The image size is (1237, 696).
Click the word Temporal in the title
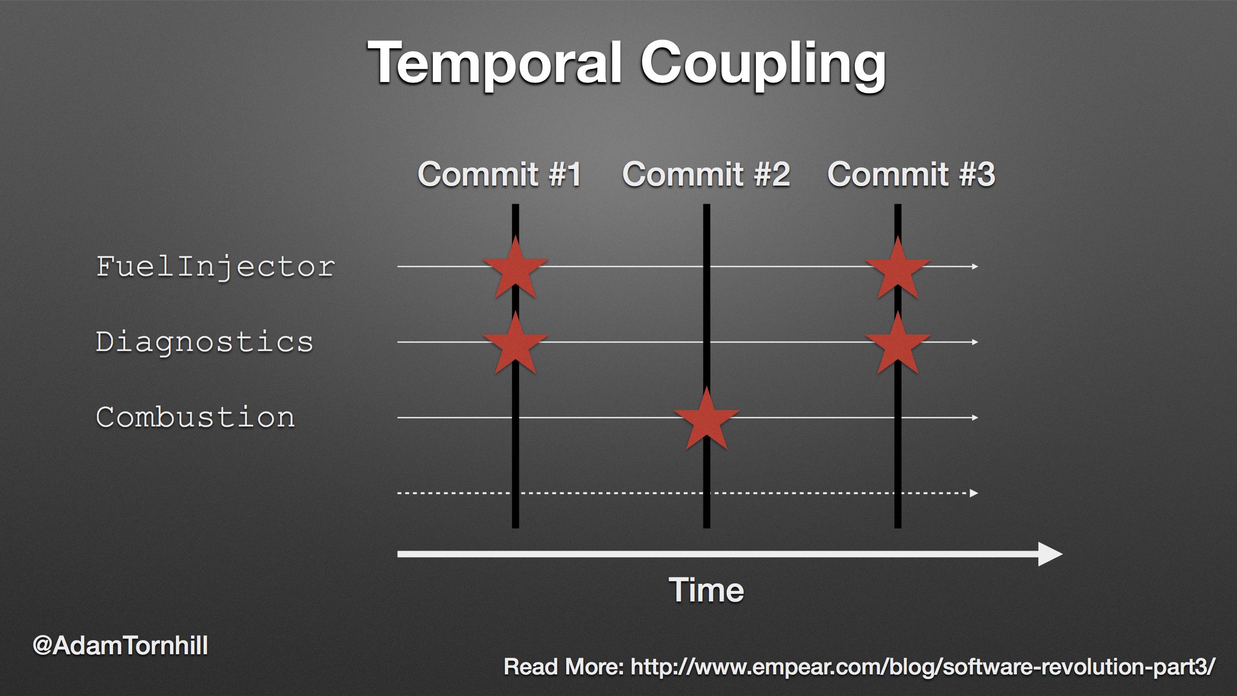pyautogui.click(x=495, y=63)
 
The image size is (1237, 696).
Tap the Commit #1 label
pyautogui.click(x=500, y=175)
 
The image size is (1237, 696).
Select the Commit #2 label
pyautogui.click(x=706, y=175)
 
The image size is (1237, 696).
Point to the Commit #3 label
pyautogui.click(x=911, y=175)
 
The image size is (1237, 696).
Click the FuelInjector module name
pyautogui.click(x=215, y=267)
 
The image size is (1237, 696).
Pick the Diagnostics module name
pyautogui.click(x=205, y=342)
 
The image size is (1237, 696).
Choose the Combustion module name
pyautogui.click(x=195, y=417)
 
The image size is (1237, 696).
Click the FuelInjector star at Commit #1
pyautogui.click(x=515, y=269)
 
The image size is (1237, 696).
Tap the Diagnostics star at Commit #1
pyautogui.click(x=515, y=344)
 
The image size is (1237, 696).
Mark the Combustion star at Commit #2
pyautogui.click(x=706, y=419)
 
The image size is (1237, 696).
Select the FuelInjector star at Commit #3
pyautogui.click(x=898, y=269)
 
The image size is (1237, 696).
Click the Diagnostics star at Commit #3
pyautogui.click(x=898, y=344)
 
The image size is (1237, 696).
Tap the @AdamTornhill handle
pyautogui.click(x=120, y=646)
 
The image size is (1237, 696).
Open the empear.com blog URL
pyautogui.click(x=923, y=667)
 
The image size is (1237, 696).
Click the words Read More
pyautogui.click(x=564, y=667)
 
